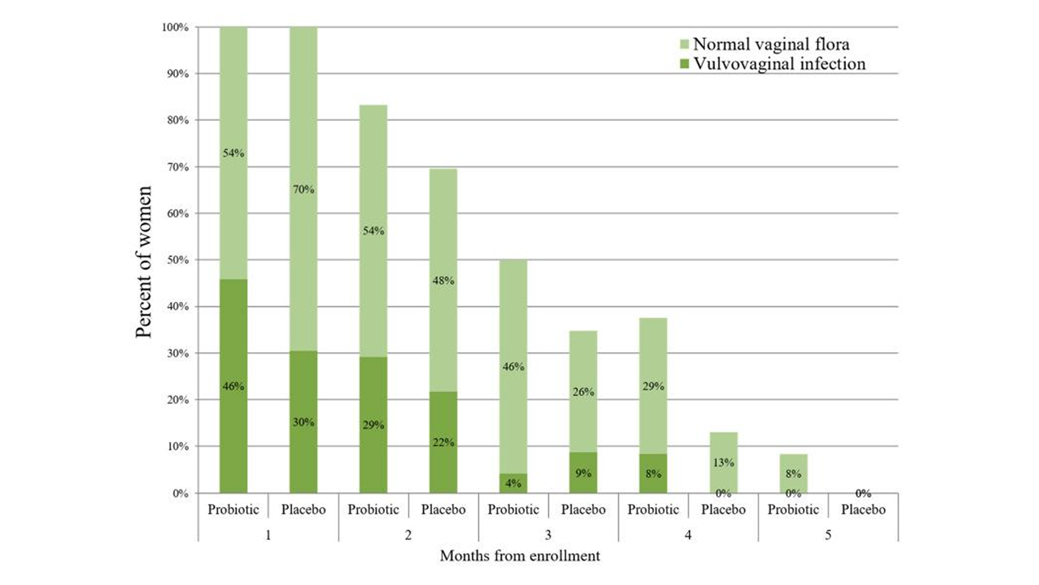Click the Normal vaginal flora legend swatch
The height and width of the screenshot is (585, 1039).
click(x=684, y=44)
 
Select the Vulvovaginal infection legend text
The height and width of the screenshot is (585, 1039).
click(x=779, y=64)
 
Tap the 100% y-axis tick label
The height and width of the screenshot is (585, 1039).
click(x=176, y=27)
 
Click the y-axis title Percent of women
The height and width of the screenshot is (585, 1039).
click(x=144, y=262)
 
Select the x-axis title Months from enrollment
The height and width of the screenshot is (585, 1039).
click(x=519, y=556)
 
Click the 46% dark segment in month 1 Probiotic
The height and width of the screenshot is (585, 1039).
click(x=233, y=386)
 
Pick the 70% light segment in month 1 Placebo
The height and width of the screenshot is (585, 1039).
click(x=303, y=189)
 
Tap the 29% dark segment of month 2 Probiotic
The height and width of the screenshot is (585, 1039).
click(x=373, y=425)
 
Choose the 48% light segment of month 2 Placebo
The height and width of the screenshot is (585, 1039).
click(x=443, y=280)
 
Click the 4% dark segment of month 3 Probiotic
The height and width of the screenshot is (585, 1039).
click(x=513, y=483)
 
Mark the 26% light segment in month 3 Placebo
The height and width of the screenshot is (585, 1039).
click(x=583, y=391)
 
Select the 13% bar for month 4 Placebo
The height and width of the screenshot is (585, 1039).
click(x=724, y=462)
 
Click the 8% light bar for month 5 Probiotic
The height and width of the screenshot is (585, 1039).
click(x=793, y=473)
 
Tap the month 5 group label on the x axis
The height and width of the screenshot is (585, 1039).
click(x=828, y=535)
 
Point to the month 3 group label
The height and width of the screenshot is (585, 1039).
click(x=548, y=535)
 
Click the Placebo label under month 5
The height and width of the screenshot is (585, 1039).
click(x=863, y=510)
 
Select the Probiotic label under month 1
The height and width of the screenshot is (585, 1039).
click(x=233, y=510)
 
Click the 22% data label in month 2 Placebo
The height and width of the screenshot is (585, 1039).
click(x=443, y=442)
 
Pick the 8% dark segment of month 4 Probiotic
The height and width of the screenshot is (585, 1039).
click(x=653, y=473)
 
